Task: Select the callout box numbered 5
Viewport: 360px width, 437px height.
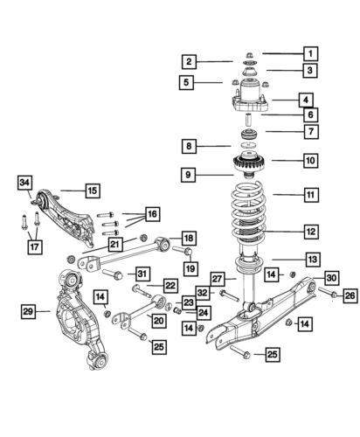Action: coord(188,83)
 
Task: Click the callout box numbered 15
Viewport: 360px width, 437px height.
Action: coord(92,189)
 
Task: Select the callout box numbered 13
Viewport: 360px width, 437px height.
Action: coord(311,259)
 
